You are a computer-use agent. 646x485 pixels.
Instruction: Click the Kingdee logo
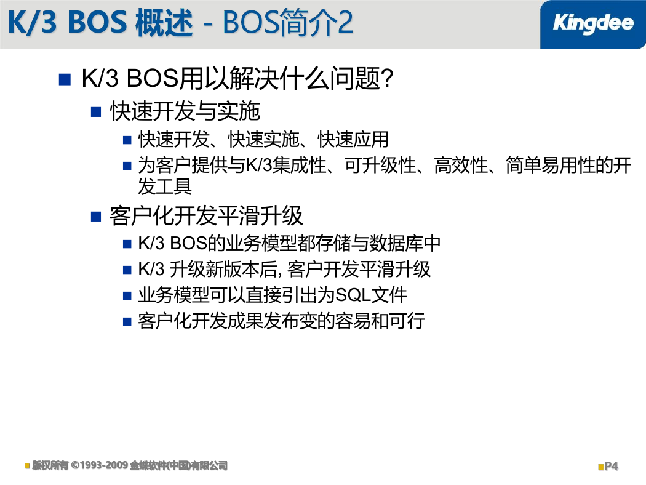[593, 23]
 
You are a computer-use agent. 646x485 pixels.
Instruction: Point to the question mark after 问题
[387, 78]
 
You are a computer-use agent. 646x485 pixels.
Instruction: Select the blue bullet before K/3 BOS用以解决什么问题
[65, 79]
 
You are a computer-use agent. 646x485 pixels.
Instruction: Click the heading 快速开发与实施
[185, 111]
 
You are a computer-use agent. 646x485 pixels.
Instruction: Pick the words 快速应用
[353, 139]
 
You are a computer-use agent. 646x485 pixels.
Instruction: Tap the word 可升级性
[380, 165]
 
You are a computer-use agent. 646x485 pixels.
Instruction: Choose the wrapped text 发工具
[165, 186]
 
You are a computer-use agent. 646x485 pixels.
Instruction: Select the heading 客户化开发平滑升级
[206, 215]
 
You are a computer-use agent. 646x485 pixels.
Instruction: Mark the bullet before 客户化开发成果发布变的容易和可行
[127, 321]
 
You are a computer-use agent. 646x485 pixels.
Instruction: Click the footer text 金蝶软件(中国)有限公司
[179, 466]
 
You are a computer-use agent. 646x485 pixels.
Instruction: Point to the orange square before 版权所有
[27, 466]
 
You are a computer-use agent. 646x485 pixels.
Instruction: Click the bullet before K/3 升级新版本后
[127, 270]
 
